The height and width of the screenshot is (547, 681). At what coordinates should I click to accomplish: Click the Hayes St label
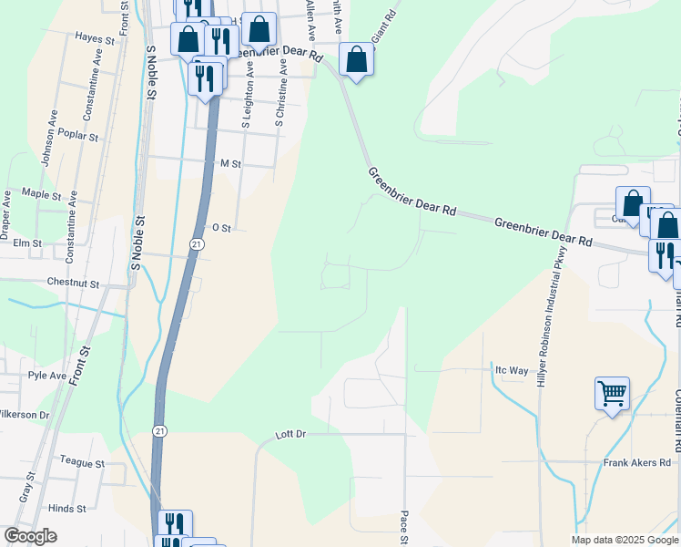tap(95, 39)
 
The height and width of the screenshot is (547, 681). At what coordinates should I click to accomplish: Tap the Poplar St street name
tap(77, 136)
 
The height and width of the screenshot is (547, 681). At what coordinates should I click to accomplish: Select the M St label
tap(229, 163)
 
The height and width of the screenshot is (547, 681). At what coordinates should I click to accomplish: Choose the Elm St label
tap(27, 243)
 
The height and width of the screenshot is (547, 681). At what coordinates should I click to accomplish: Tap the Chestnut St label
tap(72, 284)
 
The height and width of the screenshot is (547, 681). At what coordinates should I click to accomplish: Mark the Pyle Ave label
tap(47, 376)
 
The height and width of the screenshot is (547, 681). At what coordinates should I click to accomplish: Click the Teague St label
tap(82, 463)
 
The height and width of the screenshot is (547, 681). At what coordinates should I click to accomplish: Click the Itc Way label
tap(511, 370)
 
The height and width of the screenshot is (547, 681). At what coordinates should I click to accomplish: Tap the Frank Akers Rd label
tap(636, 463)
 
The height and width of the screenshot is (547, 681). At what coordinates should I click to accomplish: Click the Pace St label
tap(404, 526)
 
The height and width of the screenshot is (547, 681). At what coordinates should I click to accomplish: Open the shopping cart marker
tap(612, 394)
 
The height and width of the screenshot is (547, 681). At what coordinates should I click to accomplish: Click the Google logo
tap(30, 536)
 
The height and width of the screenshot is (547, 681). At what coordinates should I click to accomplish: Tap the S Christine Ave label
tap(281, 93)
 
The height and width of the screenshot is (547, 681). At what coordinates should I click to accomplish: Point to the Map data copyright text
tap(625, 540)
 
